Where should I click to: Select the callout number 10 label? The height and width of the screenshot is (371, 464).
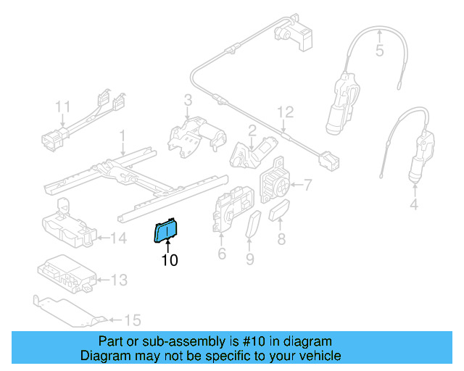[169, 260]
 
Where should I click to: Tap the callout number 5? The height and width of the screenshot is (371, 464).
[378, 51]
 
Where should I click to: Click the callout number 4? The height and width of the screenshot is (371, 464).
[413, 205]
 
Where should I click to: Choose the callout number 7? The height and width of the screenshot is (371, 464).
[307, 185]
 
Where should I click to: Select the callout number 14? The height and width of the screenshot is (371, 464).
[119, 237]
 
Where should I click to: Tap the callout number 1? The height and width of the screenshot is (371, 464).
[123, 136]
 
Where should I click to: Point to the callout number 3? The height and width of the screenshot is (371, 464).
[187, 100]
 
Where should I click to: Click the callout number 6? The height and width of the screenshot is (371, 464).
[222, 254]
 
